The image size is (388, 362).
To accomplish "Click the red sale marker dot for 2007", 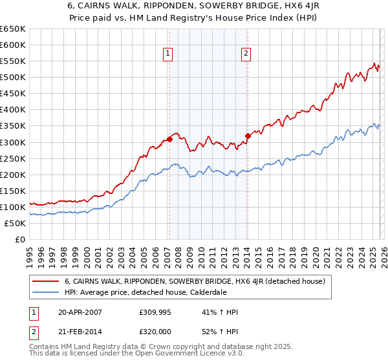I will point(169,139).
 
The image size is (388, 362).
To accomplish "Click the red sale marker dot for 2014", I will point(247,136).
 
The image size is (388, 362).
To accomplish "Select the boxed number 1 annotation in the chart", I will point(167,54).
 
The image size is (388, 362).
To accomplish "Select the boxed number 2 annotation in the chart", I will point(246,54).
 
